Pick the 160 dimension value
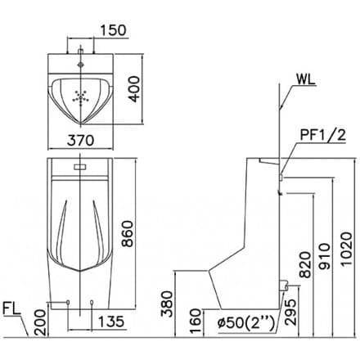tap(197, 316)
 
